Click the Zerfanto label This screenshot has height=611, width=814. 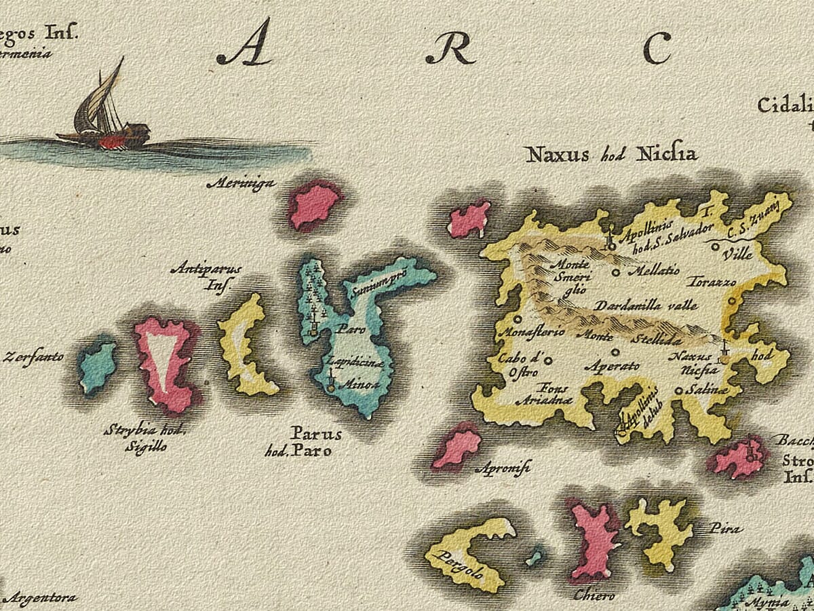pyautogui.click(x=34, y=356)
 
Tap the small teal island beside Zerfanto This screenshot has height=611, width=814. pyautogui.click(x=97, y=367)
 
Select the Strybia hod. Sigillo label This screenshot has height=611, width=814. pyautogui.click(x=145, y=438)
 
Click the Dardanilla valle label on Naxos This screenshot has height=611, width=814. pyautogui.click(x=646, y=305)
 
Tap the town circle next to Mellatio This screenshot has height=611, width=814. pyautogui.click(x=616, y=272)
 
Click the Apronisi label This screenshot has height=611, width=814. pyautogui.click(x=504, y=468)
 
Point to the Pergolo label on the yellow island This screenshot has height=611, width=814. pyautogui.click(x=461, y=563)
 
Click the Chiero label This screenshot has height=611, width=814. pyautogui.click(x=594, y=595)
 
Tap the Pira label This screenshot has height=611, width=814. pyautogui.click(x=725, y=528)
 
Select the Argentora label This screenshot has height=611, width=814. pyautogui.click(x=39, y=598)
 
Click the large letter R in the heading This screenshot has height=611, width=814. pyautogui.click(x=450, y=49)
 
